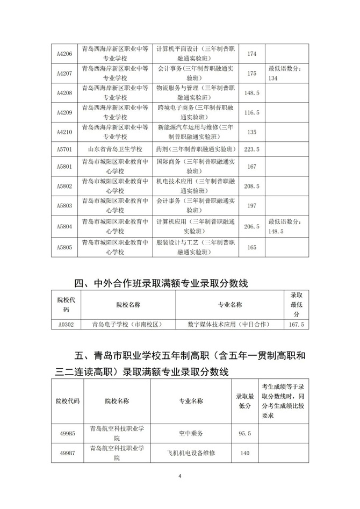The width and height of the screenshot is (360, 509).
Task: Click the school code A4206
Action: point(64,54)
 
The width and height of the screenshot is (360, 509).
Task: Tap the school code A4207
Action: point(64,73)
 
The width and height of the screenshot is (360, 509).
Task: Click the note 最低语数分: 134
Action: point(288,73)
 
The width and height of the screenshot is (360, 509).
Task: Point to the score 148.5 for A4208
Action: point(252,92)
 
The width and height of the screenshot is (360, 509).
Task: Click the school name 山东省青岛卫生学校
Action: point(116,149)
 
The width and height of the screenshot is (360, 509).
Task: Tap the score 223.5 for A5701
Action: point(252,149)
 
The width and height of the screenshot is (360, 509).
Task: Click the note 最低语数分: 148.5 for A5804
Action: point(288,226)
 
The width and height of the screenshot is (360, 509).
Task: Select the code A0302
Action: point(64,324)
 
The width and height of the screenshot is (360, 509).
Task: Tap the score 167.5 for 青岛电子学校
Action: point(297,324)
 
